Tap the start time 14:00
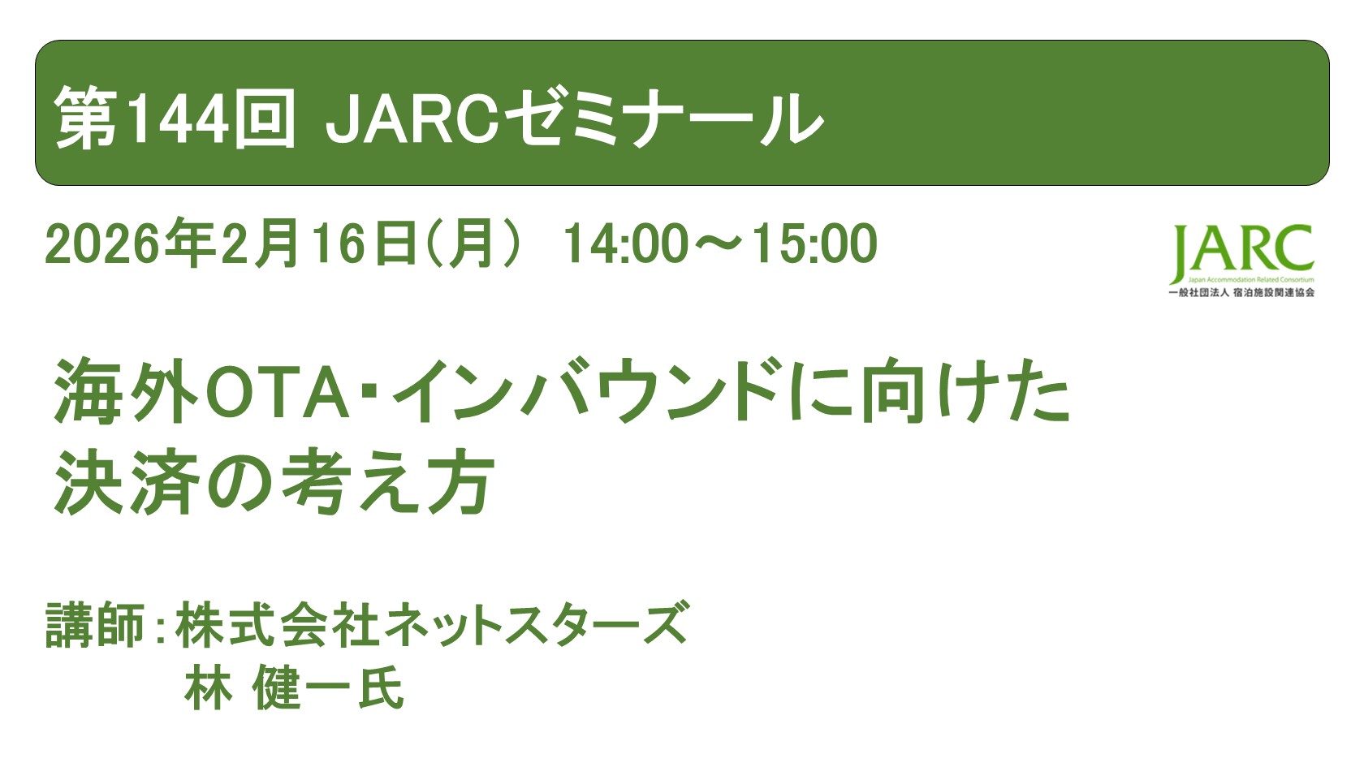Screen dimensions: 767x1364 (x=625, y=243)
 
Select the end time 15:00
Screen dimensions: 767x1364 (x=814, y=243)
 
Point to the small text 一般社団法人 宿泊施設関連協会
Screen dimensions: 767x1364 (x=1241, y=292)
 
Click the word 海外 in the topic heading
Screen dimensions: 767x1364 (x=126, y=392)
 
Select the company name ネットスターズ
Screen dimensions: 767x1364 (x=536, y=625)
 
